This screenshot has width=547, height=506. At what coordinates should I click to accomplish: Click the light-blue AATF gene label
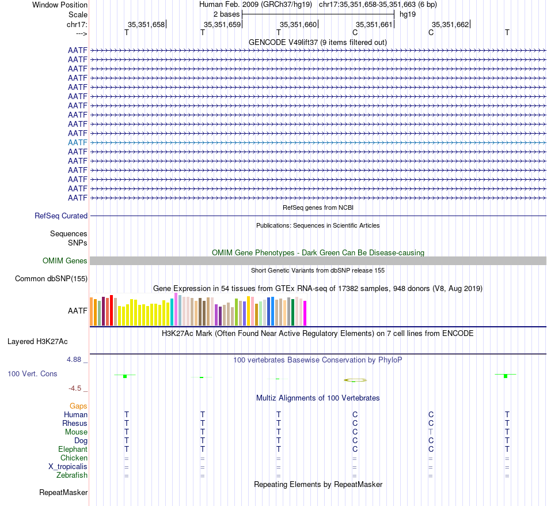[78, 142]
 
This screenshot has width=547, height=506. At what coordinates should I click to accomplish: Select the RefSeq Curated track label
[61, 216]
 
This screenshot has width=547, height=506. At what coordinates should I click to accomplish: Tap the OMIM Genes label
[65, 261]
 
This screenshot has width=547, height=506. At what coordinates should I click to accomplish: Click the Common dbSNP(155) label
[51, 279]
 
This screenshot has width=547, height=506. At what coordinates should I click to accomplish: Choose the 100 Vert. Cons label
[32, 374]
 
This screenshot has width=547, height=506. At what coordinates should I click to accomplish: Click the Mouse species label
[76, 432]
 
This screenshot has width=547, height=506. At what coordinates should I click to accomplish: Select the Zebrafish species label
[72, 475]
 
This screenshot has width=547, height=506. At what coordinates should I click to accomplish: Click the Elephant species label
[73, 450]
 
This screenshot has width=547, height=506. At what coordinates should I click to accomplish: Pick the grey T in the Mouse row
[431, 432]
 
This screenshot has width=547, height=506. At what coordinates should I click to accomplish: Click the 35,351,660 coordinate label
[298, 25]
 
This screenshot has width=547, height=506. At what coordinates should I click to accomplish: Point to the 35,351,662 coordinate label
[450, 25]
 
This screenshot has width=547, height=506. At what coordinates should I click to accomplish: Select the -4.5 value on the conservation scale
[78, 388]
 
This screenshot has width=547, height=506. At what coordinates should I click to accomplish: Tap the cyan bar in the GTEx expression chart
[172, 312]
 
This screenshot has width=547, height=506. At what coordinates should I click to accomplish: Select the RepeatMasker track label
[63, 493]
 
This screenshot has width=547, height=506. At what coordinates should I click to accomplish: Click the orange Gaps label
[78, 406]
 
